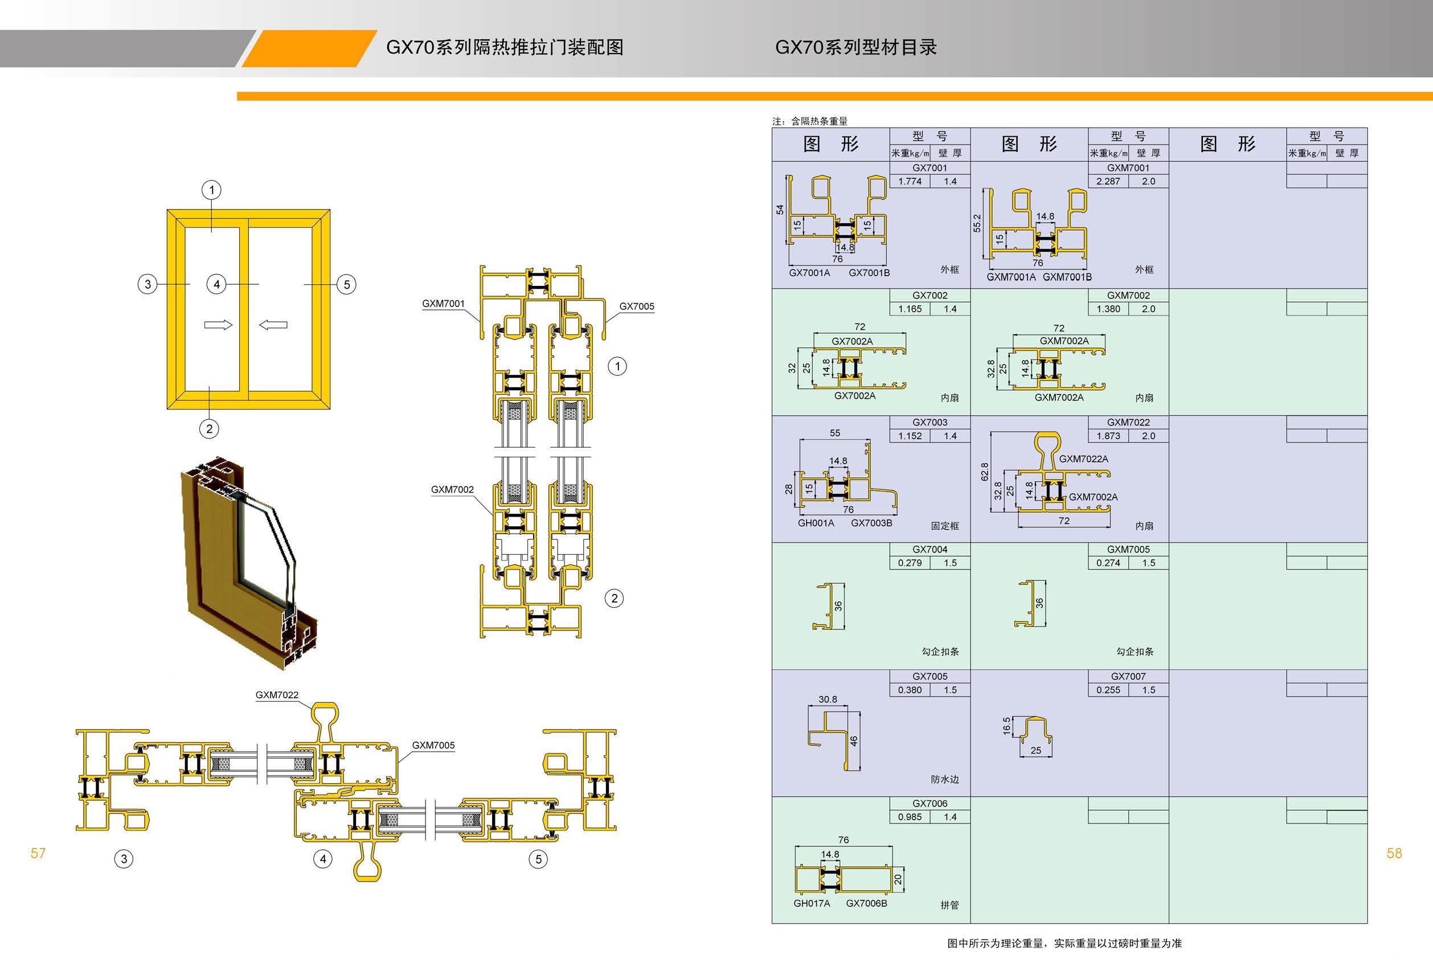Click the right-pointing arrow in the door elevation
coord(218,325)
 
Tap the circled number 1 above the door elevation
coord(212,190)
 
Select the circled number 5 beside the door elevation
coord(346,284)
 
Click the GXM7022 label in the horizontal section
coord(277,695)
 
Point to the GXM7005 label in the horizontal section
coord(433,745)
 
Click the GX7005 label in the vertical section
coord(636,306)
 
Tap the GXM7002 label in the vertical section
coord(453,490)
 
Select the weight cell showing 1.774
coord(910,181)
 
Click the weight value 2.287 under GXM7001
coord(1108,181)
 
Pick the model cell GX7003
coord(930,423)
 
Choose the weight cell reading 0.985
coord(910,817)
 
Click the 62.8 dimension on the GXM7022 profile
coord(985,472)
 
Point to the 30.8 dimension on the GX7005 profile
coord(828,699)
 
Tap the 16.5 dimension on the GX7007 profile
coord(1007,726)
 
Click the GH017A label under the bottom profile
coord(812,903)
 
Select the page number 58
coord(1394,853)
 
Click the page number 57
coord(38,853)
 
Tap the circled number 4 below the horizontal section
coord(322,859)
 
